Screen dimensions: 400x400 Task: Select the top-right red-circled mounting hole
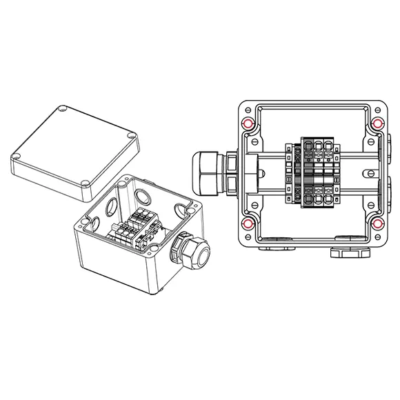click(x=377, y=124)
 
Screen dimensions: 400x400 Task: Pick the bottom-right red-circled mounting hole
click(x=377, y=224)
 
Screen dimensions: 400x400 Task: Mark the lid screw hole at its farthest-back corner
click(x=63, y=109)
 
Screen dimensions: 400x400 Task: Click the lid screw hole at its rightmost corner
click(x=130, y=136)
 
